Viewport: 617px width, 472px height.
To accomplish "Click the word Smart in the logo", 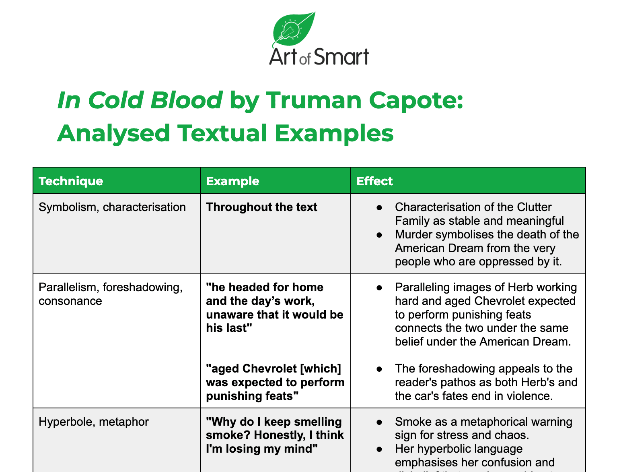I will click(x=341, y=57).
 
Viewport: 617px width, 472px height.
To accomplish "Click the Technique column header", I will click(x=71, y=181).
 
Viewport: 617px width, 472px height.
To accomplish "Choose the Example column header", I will click(x=232, y=181).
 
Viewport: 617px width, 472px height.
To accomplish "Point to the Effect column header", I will click(x=374, y=181).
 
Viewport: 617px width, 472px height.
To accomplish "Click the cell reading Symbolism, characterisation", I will click(x=112, y=207).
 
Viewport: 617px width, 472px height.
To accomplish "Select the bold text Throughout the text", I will click(x=261, y=207).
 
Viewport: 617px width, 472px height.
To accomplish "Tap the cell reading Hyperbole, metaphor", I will click(x=94, y=422).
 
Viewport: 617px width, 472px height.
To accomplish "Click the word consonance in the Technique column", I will click(x=70, y=301).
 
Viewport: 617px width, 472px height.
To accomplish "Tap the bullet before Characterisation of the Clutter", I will click(x=379, y=207).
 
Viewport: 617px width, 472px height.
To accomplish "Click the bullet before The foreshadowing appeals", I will click(x=379, y=368).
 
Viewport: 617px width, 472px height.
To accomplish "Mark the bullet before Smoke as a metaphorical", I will click(x=379, y=422).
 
